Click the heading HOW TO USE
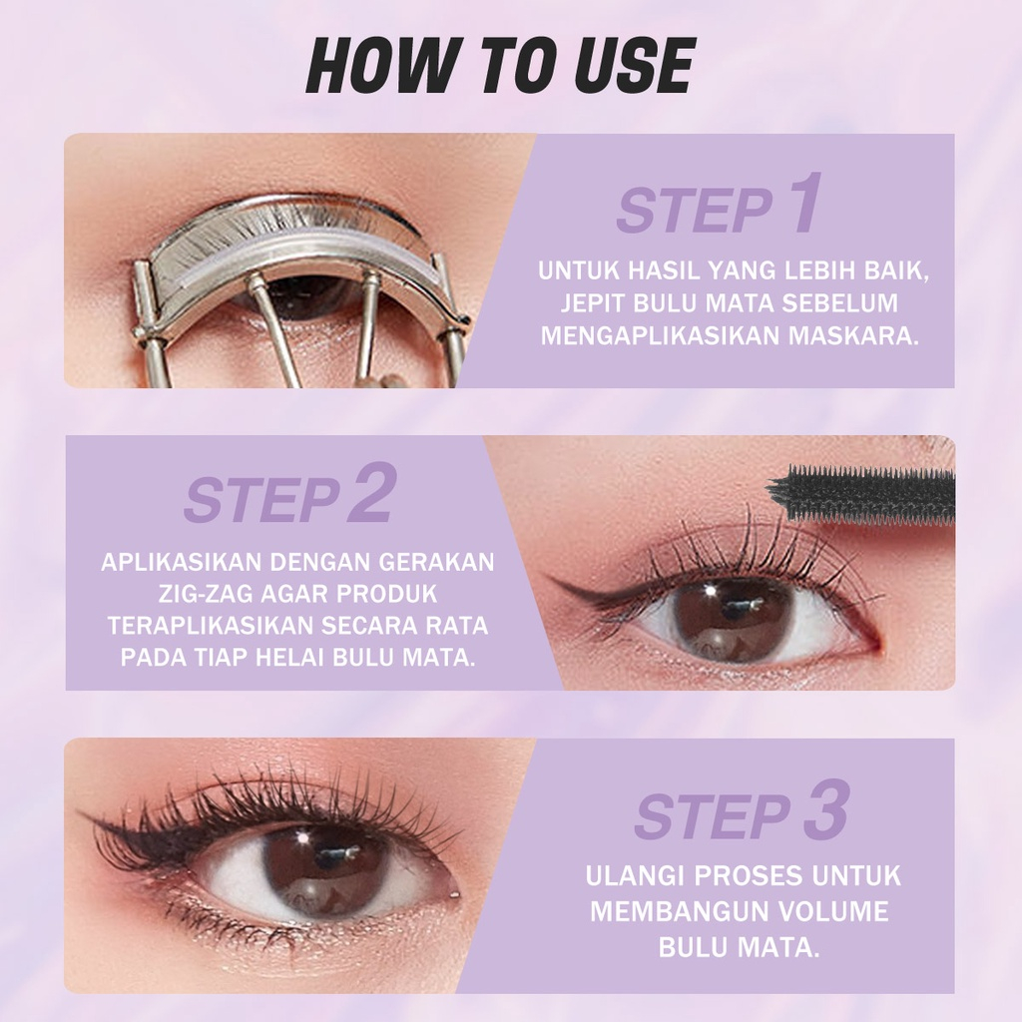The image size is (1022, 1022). pos(499,68)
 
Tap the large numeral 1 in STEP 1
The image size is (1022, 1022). pos(799,207)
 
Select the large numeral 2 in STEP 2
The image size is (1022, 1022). pos(370,495)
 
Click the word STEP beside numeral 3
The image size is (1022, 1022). pos(711,817)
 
